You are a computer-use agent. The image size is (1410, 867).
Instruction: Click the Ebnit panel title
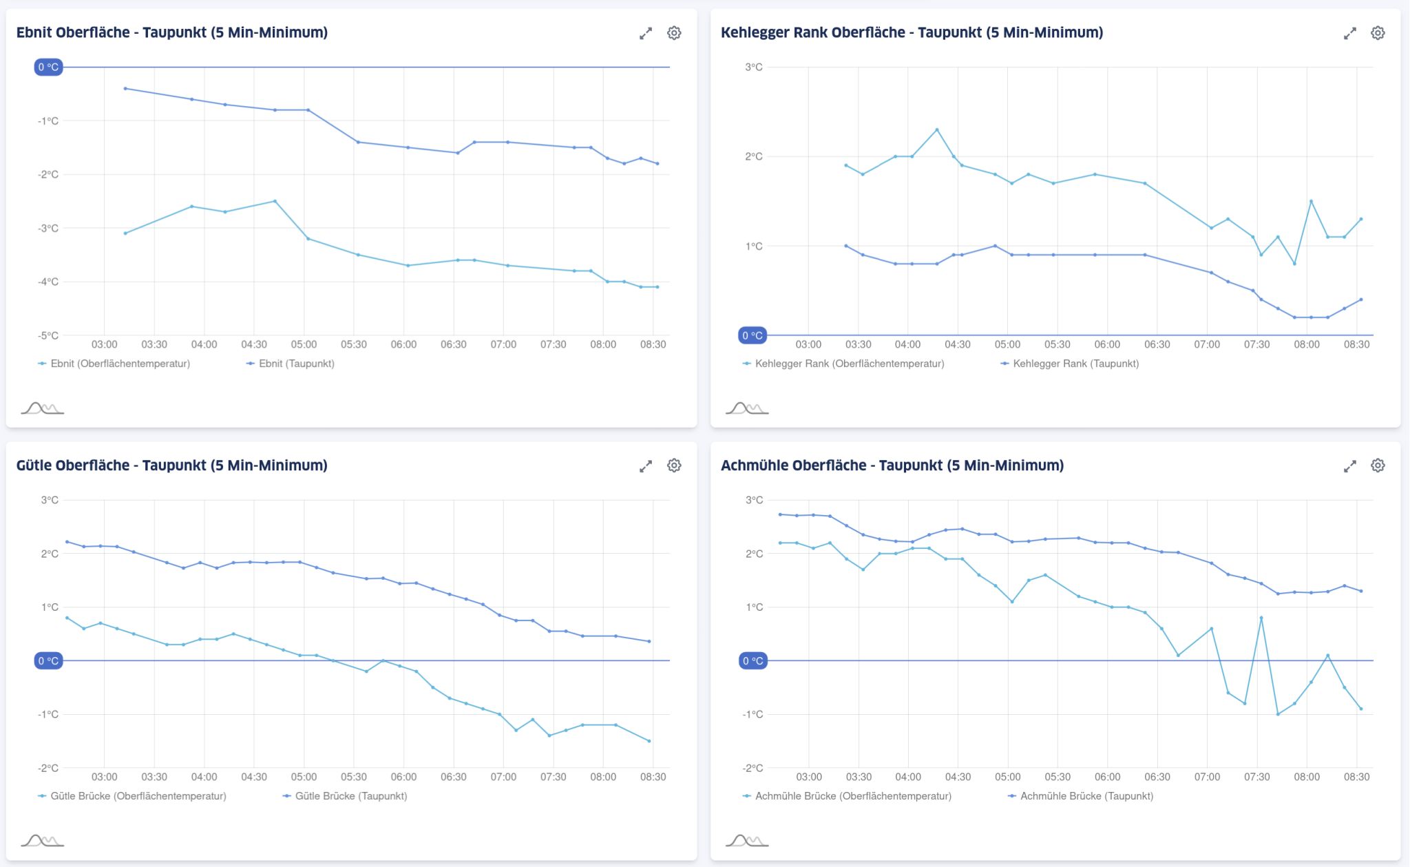pos(171,32)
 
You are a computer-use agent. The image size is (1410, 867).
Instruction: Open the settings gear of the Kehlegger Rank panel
pos(1378,33)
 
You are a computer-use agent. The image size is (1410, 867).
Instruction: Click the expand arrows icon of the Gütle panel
pos(645,466)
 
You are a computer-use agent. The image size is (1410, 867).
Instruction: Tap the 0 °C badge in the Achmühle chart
pos(753,661)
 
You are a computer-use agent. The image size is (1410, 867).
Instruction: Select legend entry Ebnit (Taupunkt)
pos(296,364)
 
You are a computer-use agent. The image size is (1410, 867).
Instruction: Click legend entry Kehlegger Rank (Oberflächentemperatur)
pos(849,364)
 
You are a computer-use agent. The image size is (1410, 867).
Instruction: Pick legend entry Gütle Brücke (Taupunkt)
pos(350,796)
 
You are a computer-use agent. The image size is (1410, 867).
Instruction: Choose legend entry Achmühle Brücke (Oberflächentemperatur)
pos(852,796)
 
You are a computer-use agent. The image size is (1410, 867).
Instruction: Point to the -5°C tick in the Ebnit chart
pos(48,335)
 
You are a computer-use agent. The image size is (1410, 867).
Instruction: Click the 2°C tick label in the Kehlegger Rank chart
pos(754,156)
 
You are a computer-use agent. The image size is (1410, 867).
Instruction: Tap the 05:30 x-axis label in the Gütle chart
pos(354,777)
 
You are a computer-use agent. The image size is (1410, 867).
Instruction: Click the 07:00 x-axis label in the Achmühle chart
pos(1207,777)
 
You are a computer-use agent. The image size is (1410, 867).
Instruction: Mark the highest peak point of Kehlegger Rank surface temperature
pos(937,129)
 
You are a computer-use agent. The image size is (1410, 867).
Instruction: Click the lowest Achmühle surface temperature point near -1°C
pos(1278,714)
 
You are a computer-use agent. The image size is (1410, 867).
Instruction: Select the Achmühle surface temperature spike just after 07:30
pos(1261,618)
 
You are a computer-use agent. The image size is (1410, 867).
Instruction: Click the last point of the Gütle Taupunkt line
pos(649,641)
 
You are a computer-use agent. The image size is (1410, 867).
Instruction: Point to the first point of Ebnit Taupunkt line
pos(125,88)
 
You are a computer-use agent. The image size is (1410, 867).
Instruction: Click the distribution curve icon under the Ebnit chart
pos(42,408)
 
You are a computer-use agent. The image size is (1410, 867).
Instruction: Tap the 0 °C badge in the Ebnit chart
pos(48,67)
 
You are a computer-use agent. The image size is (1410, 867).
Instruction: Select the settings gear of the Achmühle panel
pos(1378,466)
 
